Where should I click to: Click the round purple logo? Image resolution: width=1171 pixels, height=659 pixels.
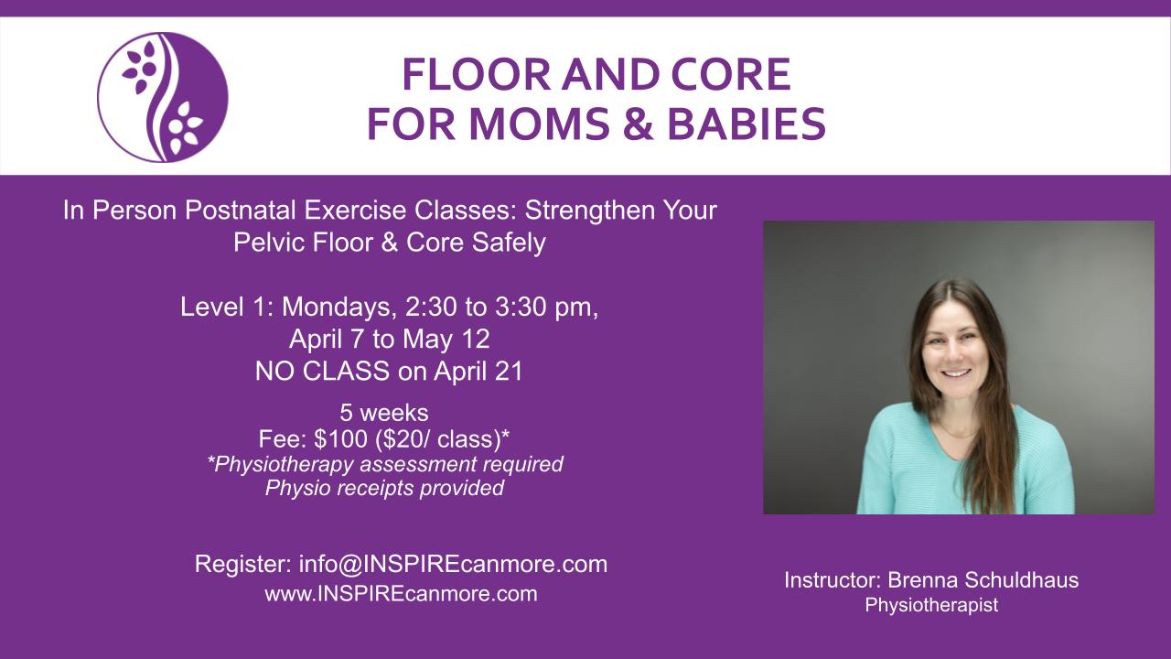(x=163, y=97)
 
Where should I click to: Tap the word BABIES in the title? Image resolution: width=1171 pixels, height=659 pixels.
(x=747, y=124)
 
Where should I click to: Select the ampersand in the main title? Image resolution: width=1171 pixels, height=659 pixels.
(x=638, y=124)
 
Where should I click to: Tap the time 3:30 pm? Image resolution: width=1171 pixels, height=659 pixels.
(x=546, y=307)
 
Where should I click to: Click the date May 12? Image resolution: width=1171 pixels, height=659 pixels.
(x=446, y=340)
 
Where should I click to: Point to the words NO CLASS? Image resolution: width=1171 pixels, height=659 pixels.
(x=322, y=372)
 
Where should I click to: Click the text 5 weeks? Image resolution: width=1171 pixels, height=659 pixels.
(x=384, y=413)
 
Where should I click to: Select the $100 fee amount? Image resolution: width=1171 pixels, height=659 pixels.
(x=341, y=438)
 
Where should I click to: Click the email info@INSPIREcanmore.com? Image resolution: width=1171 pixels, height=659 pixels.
(x=453, y=565)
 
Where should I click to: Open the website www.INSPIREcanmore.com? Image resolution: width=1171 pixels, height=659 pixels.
(x=401, y=594)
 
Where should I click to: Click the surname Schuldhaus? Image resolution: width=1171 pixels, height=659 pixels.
(x=1021, y=580)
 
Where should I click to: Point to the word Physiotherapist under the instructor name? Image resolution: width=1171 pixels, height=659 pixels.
(x=931, y=605)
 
